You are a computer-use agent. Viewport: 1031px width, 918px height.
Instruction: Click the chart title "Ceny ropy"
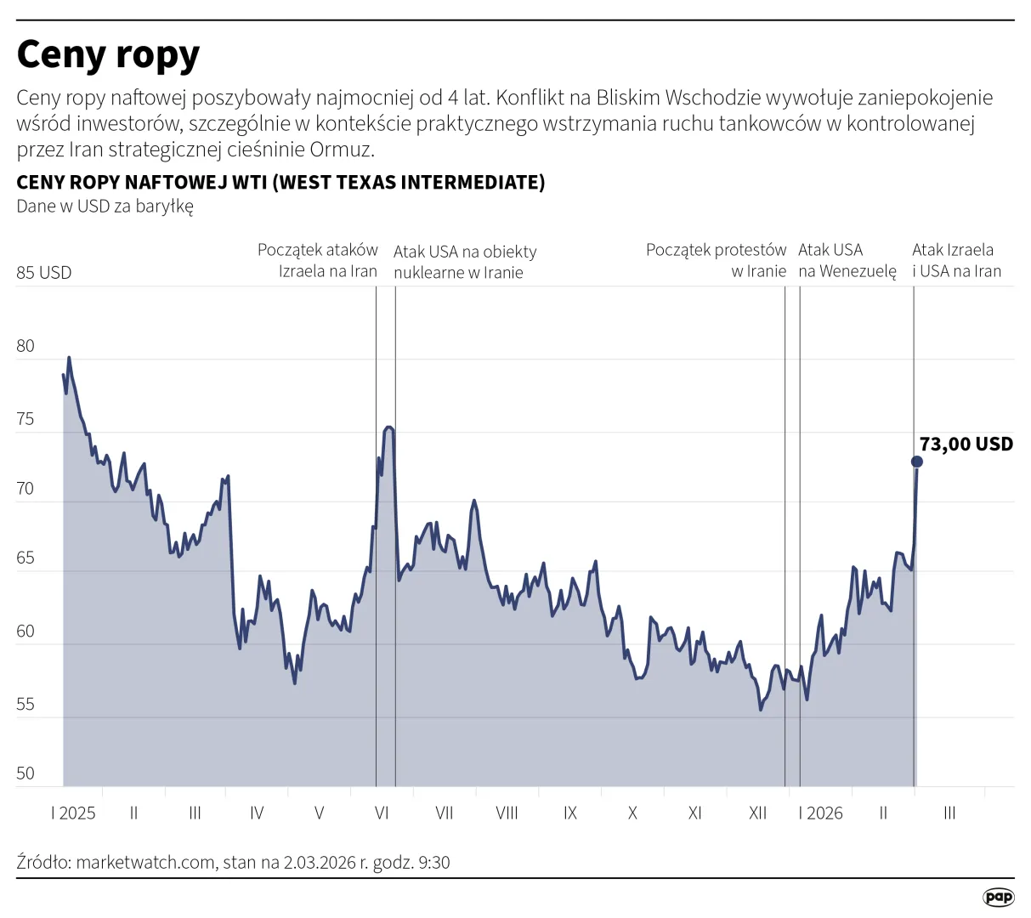[x=108, y=54]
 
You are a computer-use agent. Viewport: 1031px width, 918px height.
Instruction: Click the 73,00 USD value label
[x=966, y=444]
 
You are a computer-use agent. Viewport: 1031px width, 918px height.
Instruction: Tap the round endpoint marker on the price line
[x=916, y=462]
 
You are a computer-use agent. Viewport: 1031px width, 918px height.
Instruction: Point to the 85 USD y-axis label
[x=44, y=273]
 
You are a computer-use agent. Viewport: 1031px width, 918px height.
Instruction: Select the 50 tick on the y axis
[x=25, y=773]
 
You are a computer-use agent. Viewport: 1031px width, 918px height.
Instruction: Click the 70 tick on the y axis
[x=25, y=489]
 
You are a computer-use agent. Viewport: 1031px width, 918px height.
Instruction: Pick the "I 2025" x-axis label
[x=73, y=813]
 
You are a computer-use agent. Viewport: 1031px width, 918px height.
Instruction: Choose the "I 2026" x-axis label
[x=820, y=813]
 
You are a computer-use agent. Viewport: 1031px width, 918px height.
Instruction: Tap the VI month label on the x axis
[x=382, y=813]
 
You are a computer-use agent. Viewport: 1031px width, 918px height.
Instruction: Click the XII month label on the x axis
[x=757, y=813]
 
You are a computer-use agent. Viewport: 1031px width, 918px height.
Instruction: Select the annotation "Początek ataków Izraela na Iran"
[x=318, y=260]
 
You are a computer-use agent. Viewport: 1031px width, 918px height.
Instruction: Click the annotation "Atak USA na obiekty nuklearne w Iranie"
[x=465, y=262]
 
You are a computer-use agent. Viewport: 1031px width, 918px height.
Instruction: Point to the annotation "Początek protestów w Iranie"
[x=717, y=260]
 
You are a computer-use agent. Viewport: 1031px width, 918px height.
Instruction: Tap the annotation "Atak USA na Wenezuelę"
[x=847, y=260]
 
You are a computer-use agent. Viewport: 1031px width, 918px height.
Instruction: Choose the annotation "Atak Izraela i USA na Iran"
[x=956, y=260]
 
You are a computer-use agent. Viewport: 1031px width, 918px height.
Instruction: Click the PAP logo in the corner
[x=998, y=897]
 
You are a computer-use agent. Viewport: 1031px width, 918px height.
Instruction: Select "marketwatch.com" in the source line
[x=145, y=862]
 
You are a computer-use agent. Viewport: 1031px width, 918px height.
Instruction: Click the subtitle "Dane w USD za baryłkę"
[x=105, y=207]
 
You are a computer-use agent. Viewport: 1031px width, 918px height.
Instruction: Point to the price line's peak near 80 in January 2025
[x=69, y=358]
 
